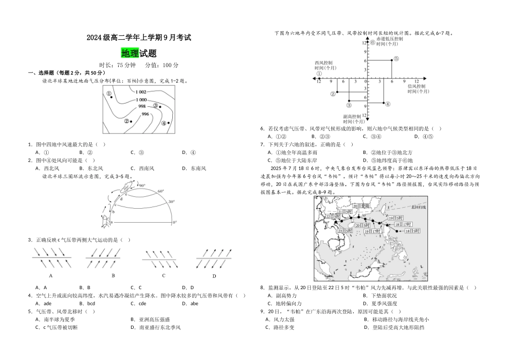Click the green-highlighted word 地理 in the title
(130, 53)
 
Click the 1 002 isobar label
(142, 92)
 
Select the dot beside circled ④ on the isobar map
(170, 123)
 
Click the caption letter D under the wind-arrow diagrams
(214, 276)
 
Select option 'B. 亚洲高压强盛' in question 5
(147, 319)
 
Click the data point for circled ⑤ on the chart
(391, 60)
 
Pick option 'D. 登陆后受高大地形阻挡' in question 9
(394, 327)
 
